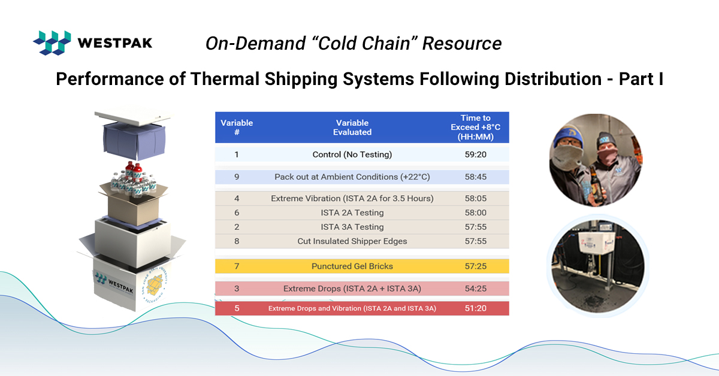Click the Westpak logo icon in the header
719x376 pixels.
pos(52,43)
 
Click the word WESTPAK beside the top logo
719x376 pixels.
pos(114,43)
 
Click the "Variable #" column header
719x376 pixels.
pos(237,127)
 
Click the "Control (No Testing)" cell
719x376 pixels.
pos(352,154)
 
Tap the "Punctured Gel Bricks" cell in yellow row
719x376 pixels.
pos(352,266)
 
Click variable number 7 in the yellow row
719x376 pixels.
pos(237,266)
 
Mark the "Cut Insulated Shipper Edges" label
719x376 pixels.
pos(352,241)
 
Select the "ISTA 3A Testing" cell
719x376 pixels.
pos(352,227)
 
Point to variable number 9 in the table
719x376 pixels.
pos(237,177)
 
